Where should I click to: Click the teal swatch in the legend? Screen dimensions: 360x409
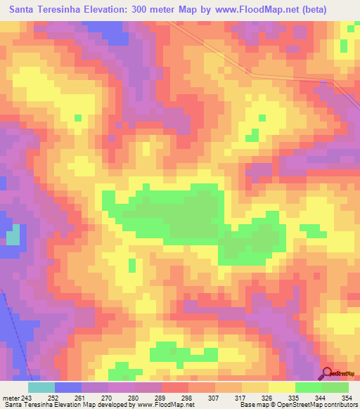41,387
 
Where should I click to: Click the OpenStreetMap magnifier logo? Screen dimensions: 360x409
328,373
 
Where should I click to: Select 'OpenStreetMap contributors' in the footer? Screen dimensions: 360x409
316,404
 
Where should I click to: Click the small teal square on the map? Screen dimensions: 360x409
13,238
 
